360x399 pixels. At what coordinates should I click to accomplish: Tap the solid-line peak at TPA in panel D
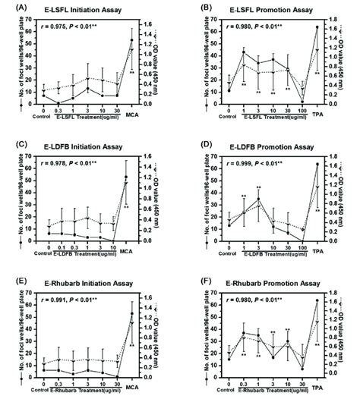pos(315,164)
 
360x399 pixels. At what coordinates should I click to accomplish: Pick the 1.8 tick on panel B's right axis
pos(332,20)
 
